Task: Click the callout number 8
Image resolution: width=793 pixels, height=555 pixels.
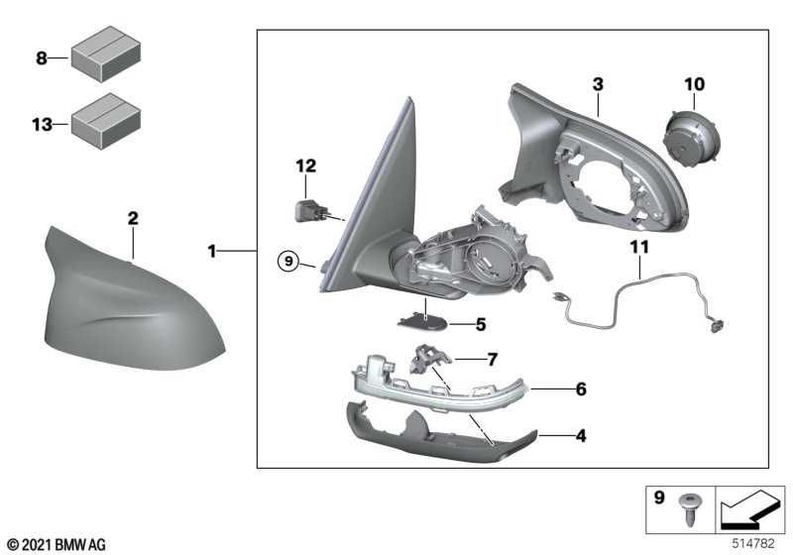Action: [x=42, y=58]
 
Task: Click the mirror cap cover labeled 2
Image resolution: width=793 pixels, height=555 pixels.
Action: [x=129, y=297]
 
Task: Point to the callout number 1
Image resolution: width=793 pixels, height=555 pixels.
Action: [x=211, y=253]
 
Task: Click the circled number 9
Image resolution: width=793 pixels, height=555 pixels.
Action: [x=286, y=262]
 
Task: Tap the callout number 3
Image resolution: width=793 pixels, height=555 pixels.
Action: [x=598, y=85]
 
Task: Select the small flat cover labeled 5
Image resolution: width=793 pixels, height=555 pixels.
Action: [x=421, y=322]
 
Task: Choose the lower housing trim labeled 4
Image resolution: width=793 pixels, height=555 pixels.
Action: [x=436, y=434]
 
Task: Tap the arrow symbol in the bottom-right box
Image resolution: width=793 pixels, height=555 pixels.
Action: [x=749, y=511]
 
